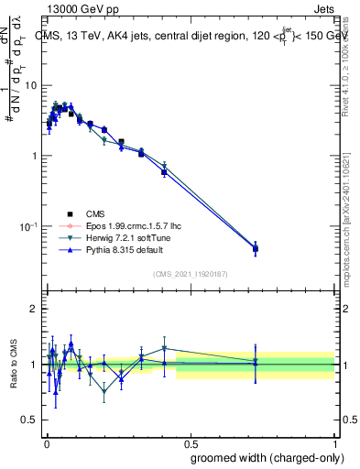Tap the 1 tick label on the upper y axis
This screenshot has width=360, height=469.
(x=35, y=156)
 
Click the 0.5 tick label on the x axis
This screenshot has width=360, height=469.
(x=191, y=443)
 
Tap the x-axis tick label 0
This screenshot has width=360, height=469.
(x=46, y=443)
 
